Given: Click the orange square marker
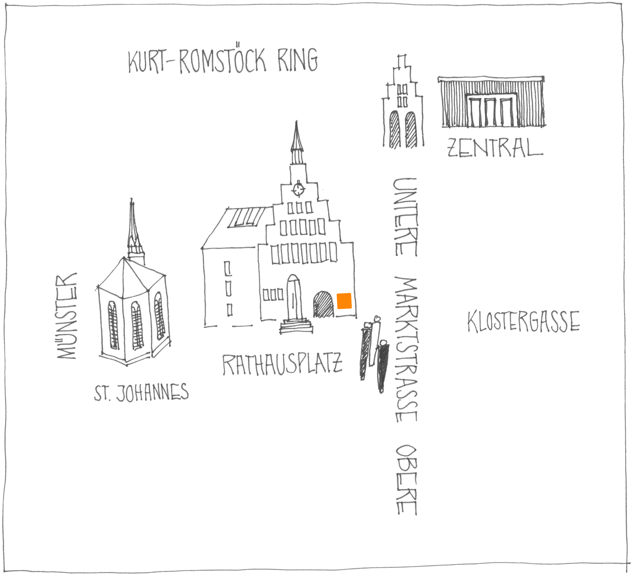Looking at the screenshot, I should click(x=344, y=301).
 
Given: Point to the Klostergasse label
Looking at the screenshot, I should click(x=523, y=322).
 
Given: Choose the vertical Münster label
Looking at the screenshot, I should click(x=67, y=316).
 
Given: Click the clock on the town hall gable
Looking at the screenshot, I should click(x=298, y=189).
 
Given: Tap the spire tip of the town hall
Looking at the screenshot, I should click(x=296, y=124).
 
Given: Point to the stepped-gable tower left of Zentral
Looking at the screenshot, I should click(x=402, y=104).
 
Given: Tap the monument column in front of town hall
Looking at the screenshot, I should click(x=294, y=301).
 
